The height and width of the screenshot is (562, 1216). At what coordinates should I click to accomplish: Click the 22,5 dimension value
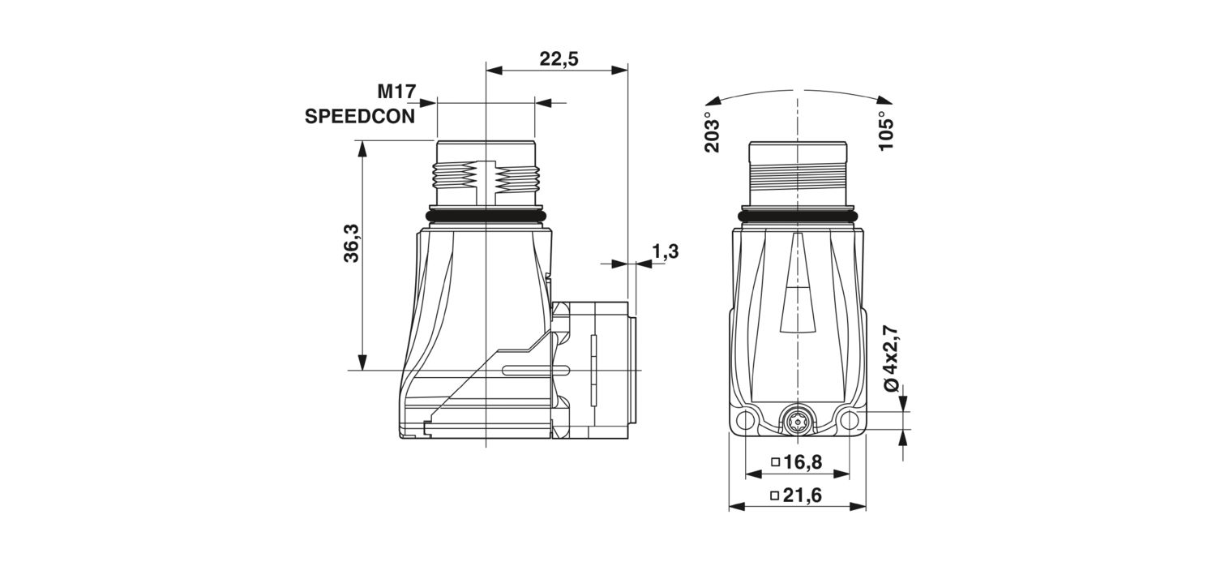pos(559,58)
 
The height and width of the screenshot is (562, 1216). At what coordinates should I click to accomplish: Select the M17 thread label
pos(396,91)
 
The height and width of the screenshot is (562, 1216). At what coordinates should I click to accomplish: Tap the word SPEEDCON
pos(359,116)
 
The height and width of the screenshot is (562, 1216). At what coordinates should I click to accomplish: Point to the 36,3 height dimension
pos(352,243)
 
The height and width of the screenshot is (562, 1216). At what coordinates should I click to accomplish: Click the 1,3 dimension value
pos(665,251)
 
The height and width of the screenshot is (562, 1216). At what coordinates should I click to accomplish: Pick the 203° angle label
pos(712,132)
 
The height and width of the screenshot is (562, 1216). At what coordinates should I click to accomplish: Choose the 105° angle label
pos(885,131)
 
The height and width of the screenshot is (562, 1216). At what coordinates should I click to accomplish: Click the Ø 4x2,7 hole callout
pos(890,358)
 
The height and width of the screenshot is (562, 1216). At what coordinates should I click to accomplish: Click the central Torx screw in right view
pos(797,420)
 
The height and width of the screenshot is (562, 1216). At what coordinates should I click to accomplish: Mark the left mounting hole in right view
pos(746,420)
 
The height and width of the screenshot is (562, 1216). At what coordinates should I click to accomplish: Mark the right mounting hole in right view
pos(848,420)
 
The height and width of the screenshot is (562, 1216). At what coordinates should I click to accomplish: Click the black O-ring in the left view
pos(486,217)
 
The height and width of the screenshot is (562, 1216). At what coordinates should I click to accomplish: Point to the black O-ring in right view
pos(797,217)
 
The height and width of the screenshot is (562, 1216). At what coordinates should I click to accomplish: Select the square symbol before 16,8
pos(776,462)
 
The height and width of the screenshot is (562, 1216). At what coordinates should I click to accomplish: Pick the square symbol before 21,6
pos(775,496)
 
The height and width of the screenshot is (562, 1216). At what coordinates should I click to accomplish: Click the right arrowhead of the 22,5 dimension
pos(619,70)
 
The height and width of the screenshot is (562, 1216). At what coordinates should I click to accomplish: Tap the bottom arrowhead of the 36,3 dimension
pos(362,363)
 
